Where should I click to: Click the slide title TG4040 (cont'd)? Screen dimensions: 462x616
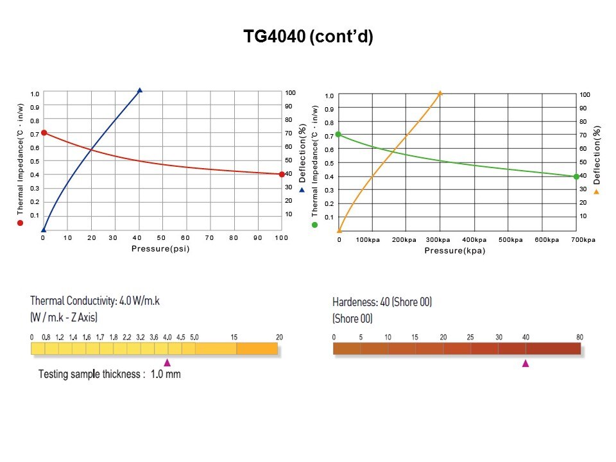[308, 37]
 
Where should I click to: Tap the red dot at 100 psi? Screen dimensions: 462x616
[282, 174]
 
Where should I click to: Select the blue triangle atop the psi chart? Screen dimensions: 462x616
[139, 90]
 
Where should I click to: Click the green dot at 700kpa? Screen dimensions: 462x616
[576, 176]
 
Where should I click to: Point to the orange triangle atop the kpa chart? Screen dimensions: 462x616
[440, 93]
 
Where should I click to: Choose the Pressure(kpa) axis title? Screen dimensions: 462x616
[454, 250]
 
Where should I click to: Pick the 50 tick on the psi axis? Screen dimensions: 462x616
[161, 238]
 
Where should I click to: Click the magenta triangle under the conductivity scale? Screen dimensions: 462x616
[167, 363]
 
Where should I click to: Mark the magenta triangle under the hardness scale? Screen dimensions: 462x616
[526, 363]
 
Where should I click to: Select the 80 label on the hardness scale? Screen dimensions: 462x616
[580, 338]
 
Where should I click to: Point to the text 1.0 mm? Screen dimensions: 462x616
[166, 374]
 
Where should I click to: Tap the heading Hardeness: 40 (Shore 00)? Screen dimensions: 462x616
[382, 302]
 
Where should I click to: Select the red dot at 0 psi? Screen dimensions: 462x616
[44, 133]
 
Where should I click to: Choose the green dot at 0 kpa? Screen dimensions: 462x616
[338, 135]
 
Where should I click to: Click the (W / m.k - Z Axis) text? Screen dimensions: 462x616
[64, 317]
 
